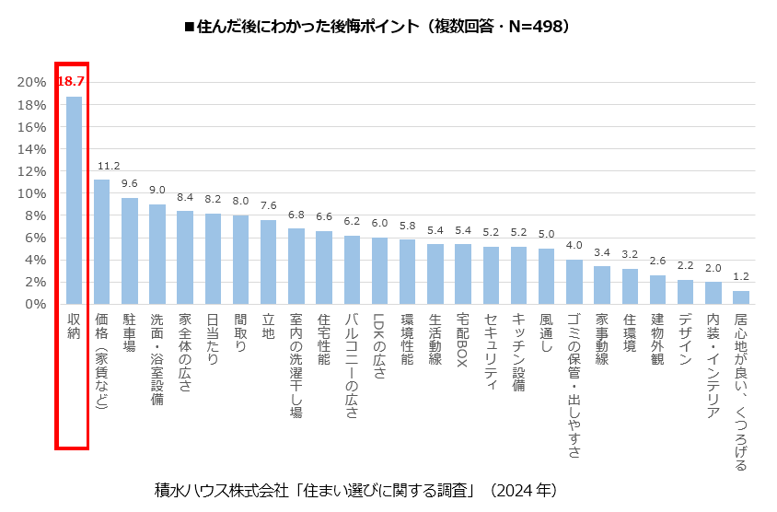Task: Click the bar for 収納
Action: pyautogui.click(x=74, y=200)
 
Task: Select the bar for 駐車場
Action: pyautogui.click(x=130, y=250)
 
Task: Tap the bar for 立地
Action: pyautogui.click(x=268, y=262)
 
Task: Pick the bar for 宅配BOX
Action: pyautogui.click(x=462, y=273)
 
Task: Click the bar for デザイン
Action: pyautogui.click(x=685, y=291)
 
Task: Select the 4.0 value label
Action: pyautogui.click(x=574, y=246)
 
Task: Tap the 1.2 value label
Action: pyautogui.click(x=740, y=276)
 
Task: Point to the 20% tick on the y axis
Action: pyautogui.click(x=31, y=83)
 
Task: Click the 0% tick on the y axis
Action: pyautogui.click(x=35, y=304)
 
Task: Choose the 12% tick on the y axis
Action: pyautogui.click(x=31, y=171)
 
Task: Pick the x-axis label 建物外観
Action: pyautogui.click(x=656, y=340)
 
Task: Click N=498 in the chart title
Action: pyautogui.click(x=532, y=27)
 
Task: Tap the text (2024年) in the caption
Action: pyautogui.click(x=523, y=489)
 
